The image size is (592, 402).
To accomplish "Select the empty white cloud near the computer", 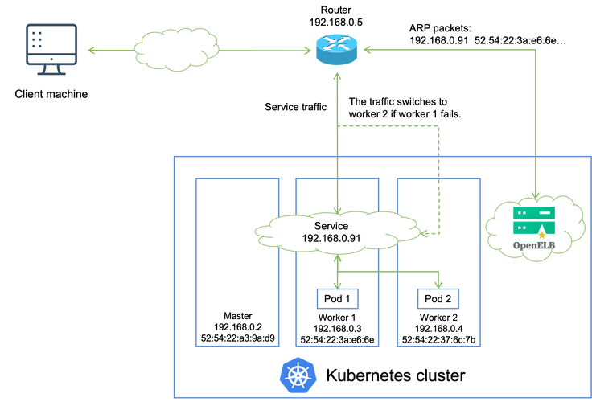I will point(176,50).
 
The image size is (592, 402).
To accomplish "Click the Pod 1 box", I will point(337,299).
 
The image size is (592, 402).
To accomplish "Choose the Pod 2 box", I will point(438,299).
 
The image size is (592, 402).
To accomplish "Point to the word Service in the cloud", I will point(331,226).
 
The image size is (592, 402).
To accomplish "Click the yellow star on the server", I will point(541,235).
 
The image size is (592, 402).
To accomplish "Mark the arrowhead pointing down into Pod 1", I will point(337,284).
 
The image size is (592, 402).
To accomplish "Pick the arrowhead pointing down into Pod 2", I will point(438,284).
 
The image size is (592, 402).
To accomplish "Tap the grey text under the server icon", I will point(534,243).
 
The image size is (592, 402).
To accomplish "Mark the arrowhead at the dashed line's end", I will point(424,233).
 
